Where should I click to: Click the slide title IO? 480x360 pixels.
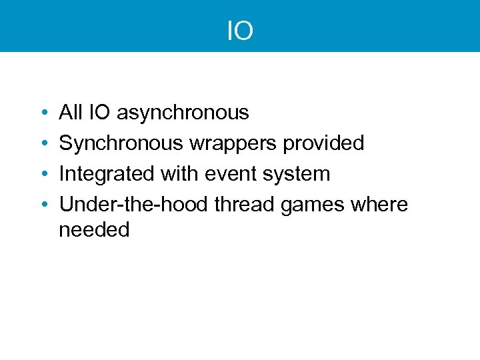pyautogui.click(x=240, y=31)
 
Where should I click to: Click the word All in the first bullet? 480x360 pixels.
pyautogui.click(x=70, y=113)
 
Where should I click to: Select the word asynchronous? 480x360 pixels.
pyautogui.click(x=183, y=113)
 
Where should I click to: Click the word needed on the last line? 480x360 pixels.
pyautogui.click(x=94, y=230)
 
